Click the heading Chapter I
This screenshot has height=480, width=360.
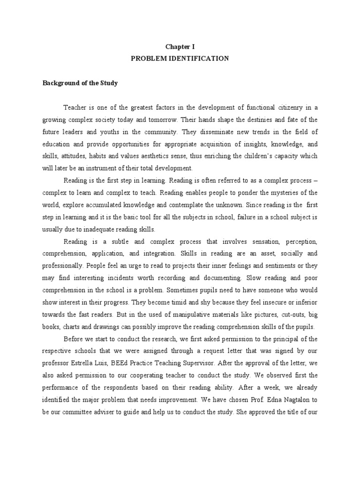pos(180,47)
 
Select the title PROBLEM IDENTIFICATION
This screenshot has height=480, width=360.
pos(180,59)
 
